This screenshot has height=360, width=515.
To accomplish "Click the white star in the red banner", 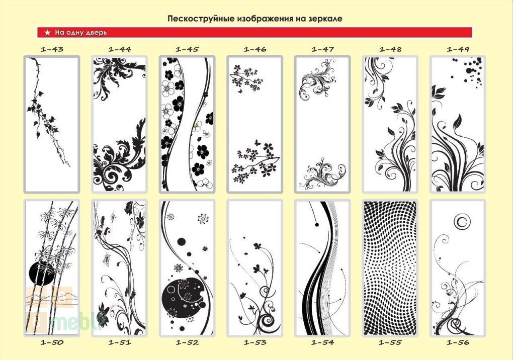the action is (x=48, y=32).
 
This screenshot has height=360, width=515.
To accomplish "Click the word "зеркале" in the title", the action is (x=325, y=19).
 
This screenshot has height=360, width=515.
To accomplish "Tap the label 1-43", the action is (x=52, y=49).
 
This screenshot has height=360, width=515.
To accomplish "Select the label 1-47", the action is (x=322, y=49).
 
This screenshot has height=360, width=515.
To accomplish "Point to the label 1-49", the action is (x=458, y=49).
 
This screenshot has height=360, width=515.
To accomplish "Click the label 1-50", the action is (x=52, y=342).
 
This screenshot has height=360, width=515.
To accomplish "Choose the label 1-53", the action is (x=255, y=342).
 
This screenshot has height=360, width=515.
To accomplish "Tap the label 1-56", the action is (x=458, y=342).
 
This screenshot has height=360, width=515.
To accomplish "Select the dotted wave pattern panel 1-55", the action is (x=390, y=267).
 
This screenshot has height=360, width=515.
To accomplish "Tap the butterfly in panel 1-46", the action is (x=257, y=143).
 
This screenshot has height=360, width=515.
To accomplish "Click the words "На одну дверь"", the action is (x=81, y=32).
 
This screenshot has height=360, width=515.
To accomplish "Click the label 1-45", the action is (x=187, y=49).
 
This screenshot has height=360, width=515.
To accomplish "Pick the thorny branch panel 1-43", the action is (x=52, y=124).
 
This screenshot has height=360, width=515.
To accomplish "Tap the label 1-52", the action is (x=187, y=342).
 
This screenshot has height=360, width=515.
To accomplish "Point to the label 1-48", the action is (x=390, y=49).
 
